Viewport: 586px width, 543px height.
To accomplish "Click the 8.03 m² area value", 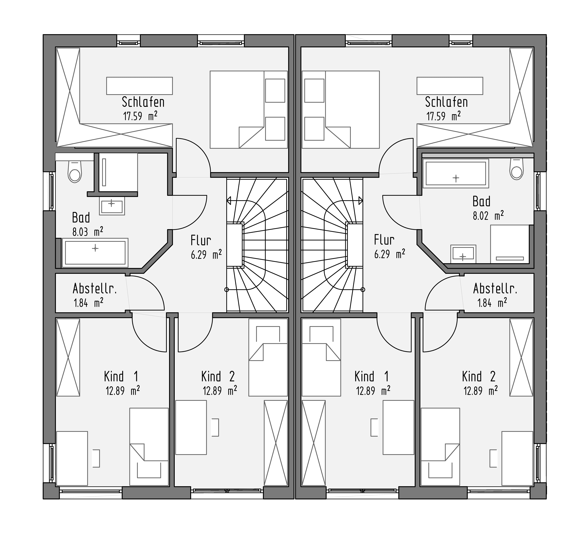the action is [88, 232].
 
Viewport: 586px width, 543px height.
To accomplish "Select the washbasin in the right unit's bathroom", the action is [463, 254].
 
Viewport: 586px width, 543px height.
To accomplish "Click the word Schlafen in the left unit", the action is [143, 102].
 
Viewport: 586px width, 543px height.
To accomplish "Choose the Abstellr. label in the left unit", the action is [95, 289].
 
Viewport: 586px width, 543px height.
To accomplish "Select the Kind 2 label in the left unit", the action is [218, 376].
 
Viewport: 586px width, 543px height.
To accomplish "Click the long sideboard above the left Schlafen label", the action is [139, 86].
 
